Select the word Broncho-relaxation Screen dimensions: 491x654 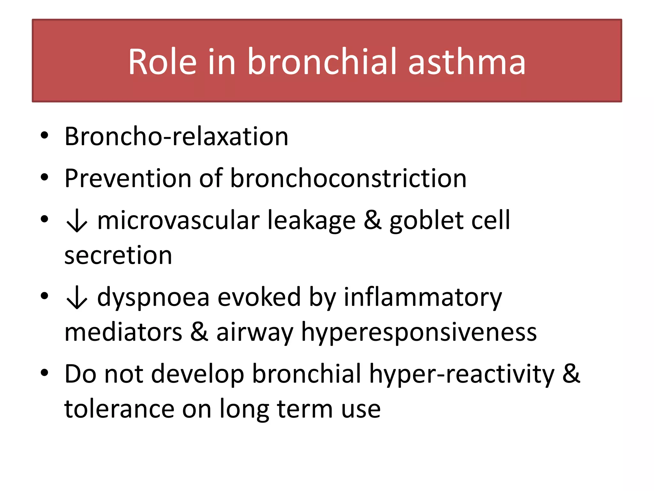[x=176, y=136]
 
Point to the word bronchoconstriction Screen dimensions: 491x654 [x=348, y=178]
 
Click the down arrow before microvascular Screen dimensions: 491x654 [x=77, y=221]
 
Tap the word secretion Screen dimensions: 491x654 [x=118, y=256]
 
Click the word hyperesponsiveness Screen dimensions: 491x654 [x=419, y=332]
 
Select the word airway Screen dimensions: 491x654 [x=255, y=332]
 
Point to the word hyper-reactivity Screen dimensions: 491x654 [x=461, y=374]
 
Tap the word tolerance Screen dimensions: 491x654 [x=119, y=409]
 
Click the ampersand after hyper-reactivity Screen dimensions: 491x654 [x=571, y=374]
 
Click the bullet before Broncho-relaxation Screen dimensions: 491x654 [x=44, y=136]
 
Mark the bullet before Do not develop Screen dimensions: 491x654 [x=44, y=373]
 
